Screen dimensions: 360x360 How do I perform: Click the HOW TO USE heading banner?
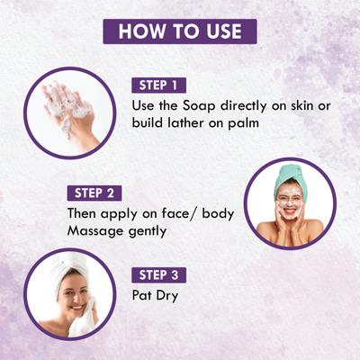pyautogui.click(x=180, y=31)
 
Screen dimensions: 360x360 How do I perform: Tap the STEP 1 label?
pyautogui.click(x=159, y=85)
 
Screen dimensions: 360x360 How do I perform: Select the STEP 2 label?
pyautogui.click(x=94, y=193)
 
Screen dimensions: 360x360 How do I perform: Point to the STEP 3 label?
pyautogui.click(x=159, y=275)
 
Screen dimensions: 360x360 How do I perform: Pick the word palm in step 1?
pyautogui.click(x=243, y=123)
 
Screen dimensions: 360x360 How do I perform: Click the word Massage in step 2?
pyautogui.click(x=96, y=231)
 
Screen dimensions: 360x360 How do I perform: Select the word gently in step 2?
pyautogui.click(x=148, y=231)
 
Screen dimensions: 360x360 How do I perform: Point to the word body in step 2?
pyautogui.click(x=218, y=214)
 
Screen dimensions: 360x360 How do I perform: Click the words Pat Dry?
pyautogui.click(x=155, y=295)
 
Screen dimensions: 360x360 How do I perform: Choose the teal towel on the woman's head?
pyautogui.click(x=290, y=177)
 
